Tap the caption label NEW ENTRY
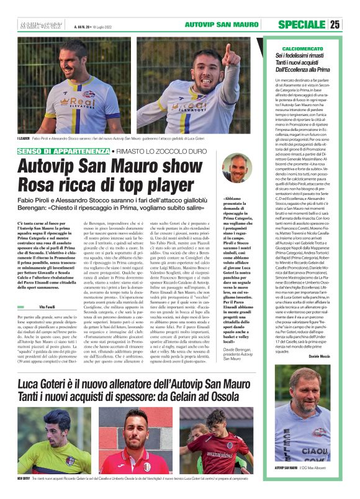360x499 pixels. click(x=24, y=478)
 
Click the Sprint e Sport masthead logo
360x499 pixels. click(x=43, y=25)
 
